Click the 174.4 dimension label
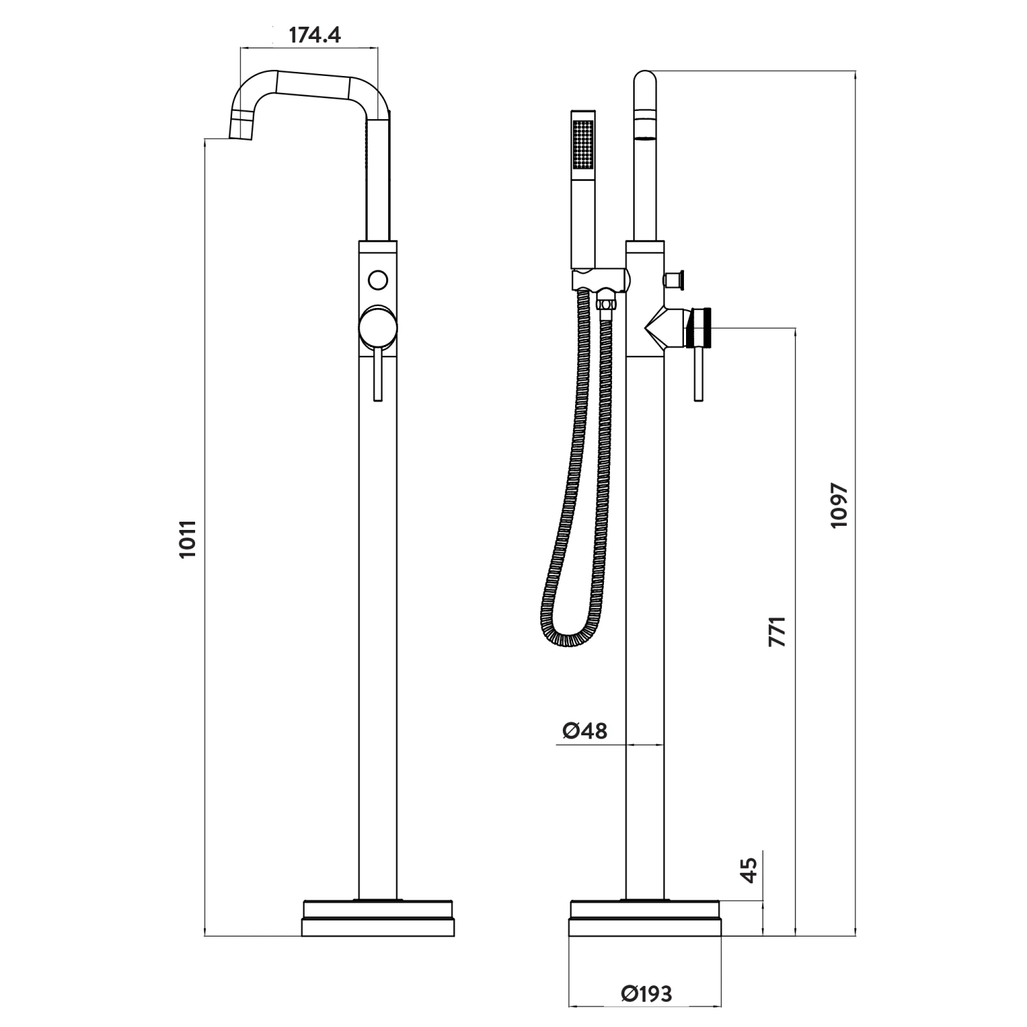(314, 34)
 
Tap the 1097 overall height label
(839, 505)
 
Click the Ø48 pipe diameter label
(585, 731)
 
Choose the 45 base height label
(750, 870)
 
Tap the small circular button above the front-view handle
(377, 279)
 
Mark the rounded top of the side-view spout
(645, 81)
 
